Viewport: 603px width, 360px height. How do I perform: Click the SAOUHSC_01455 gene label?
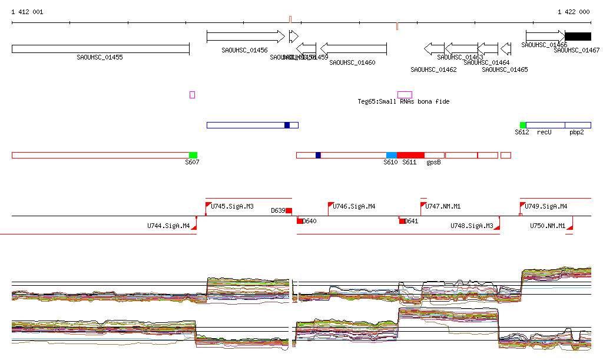(x=100, y=57)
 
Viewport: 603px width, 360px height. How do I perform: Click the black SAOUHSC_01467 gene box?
(x=578, y=37)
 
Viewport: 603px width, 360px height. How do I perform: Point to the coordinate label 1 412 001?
(x=27, y=12)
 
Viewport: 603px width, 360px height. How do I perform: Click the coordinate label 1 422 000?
(x=574, y=12)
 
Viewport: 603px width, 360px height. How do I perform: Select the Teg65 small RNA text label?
(x=403, y=102)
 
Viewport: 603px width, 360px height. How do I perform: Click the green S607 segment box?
(x=193, y=155)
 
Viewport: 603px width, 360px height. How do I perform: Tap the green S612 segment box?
(x=523, y=125)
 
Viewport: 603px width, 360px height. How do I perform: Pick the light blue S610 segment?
(x=392, y=155)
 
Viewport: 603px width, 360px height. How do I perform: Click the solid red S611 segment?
(x=410, y=155)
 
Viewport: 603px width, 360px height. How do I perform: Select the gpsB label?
(x=434, y=162)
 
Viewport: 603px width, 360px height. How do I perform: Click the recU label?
(x=544, y=132)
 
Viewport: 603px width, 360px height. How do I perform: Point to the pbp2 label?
(x=577, y=132)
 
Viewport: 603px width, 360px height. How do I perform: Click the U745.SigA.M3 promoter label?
(x=232, y=207)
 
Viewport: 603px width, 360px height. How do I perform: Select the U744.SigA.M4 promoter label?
(x=168, y=226)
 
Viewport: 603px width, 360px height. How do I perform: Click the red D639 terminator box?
(x=289, y=211)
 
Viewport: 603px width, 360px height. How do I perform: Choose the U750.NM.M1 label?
(x=548, y=226)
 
